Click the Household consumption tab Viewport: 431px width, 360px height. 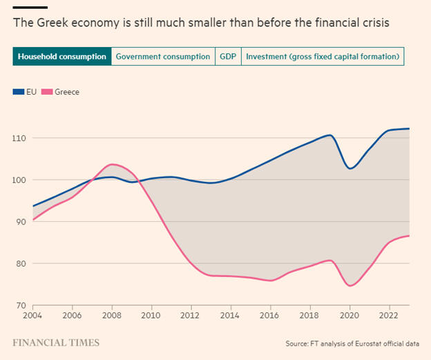61,57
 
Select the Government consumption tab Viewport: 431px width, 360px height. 163,57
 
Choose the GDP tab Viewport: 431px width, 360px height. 228,57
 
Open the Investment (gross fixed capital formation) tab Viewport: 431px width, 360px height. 323,57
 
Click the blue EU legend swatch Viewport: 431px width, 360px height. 18,92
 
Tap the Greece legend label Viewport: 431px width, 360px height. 67,92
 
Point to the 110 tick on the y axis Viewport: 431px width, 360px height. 19,138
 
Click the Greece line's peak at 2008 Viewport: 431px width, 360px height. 113,164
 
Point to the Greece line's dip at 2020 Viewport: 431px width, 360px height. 350,285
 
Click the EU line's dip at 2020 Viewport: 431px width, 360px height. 350,168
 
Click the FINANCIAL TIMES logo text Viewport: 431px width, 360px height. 55,343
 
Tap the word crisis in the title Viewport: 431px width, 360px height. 374,23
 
